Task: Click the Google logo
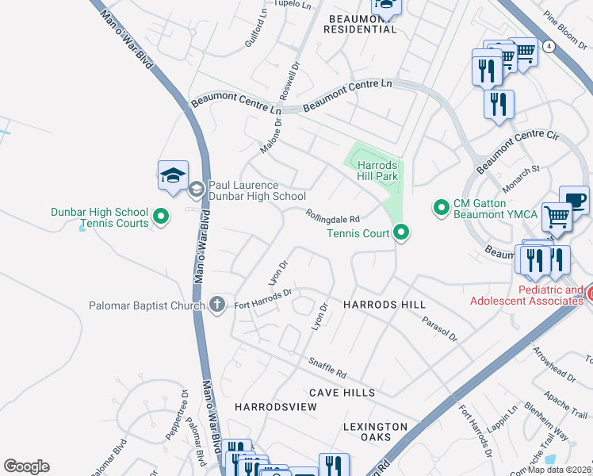click(26, 466)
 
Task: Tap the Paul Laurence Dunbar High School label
click(256, 190)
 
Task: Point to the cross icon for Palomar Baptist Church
click(217, 305)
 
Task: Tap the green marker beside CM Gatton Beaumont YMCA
click(442, 208)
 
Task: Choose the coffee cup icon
click(574, 200)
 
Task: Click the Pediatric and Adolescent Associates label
click(526, 295)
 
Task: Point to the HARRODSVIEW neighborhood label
click(276, 406)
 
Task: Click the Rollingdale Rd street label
click(334, 217)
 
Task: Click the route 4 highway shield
click(549, 46)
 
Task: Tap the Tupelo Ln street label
click(293, 5)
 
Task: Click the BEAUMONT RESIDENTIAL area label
click(361, 22)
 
